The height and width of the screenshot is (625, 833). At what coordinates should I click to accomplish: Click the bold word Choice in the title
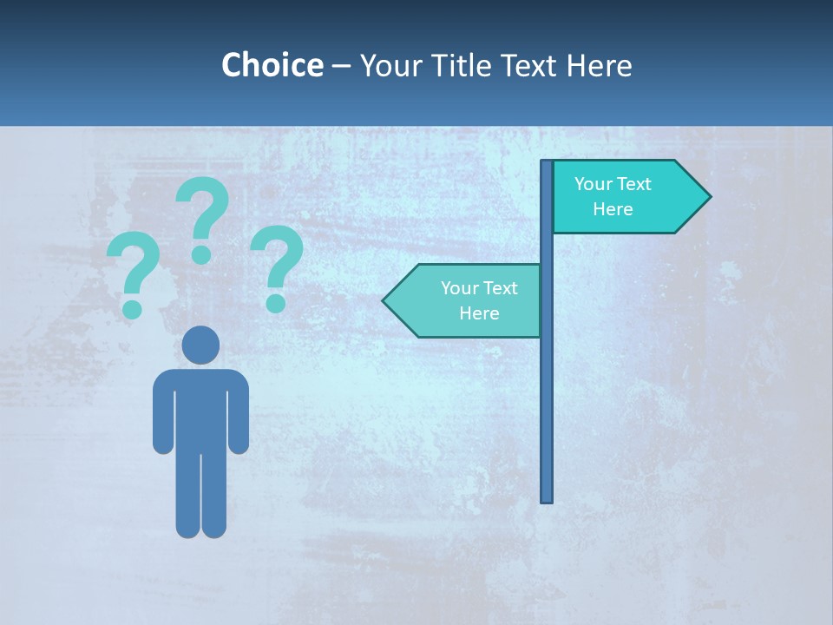(x=272, y=65)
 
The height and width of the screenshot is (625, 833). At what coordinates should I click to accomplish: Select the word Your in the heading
(x=390, y=65)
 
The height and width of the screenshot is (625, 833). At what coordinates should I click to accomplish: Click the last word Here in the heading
(x=599, y=65)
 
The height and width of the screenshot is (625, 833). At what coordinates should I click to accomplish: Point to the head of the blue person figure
(x=201, y=345)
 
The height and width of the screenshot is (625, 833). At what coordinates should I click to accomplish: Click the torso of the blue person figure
(x=201, y=408)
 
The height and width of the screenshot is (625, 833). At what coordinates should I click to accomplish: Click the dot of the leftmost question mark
(x=132, y=308)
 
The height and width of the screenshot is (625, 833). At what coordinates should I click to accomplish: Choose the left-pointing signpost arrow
(x=464, y=300)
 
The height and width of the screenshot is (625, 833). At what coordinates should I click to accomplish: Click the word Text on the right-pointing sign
(x=633, y=184)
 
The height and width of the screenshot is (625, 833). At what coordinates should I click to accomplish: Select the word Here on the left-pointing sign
(x=479, y=313)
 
